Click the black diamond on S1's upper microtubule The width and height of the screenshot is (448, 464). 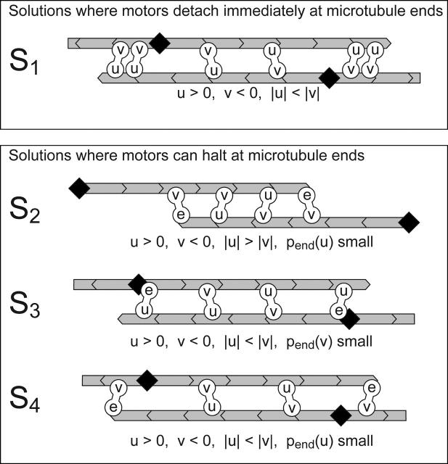pos(159,43)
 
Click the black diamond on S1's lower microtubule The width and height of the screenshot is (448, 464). pos(330,76)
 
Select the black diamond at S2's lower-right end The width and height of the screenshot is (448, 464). pos(410,222)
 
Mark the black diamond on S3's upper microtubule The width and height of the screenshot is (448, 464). pos(136,284)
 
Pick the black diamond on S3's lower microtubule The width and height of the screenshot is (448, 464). pos(350,318)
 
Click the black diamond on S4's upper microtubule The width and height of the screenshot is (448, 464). pos(147,379)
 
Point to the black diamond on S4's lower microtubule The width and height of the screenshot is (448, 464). pos(339,414)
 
